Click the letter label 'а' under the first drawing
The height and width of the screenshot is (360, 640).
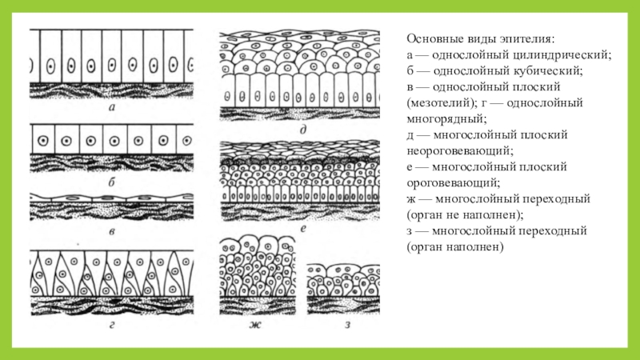112,108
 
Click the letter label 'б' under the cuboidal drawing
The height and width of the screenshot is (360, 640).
111,182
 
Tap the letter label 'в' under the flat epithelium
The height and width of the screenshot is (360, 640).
112,232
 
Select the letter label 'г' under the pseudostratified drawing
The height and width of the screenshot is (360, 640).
112,325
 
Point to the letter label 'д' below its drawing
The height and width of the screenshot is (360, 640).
303,130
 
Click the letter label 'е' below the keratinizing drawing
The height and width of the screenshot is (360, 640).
303,229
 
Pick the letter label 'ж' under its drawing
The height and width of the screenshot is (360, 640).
255,325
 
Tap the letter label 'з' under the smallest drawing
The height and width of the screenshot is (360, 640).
347,325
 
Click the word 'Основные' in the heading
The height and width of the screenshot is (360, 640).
431,39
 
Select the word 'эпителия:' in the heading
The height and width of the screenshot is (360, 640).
527,39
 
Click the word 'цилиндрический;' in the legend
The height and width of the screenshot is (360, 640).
562,55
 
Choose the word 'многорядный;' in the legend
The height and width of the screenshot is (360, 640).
446,119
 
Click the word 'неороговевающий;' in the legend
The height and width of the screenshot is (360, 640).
460,151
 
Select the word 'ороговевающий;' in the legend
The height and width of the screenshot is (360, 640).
453,183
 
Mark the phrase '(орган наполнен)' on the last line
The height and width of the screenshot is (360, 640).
455,247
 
